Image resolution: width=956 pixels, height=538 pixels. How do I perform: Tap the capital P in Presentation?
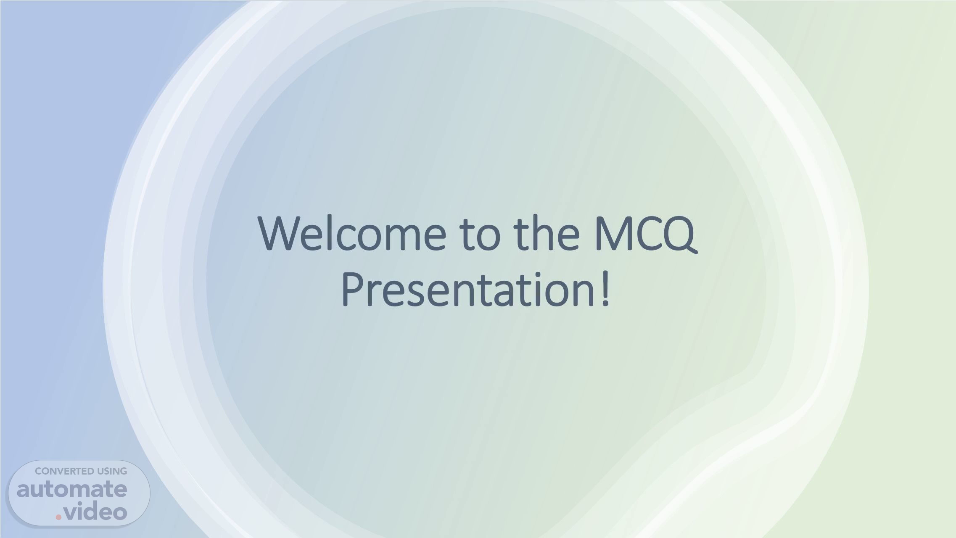tap(353, 289)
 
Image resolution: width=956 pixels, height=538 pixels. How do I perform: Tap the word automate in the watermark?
tap(72, 490)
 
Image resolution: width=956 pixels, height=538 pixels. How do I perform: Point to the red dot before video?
tap(58, 517)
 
